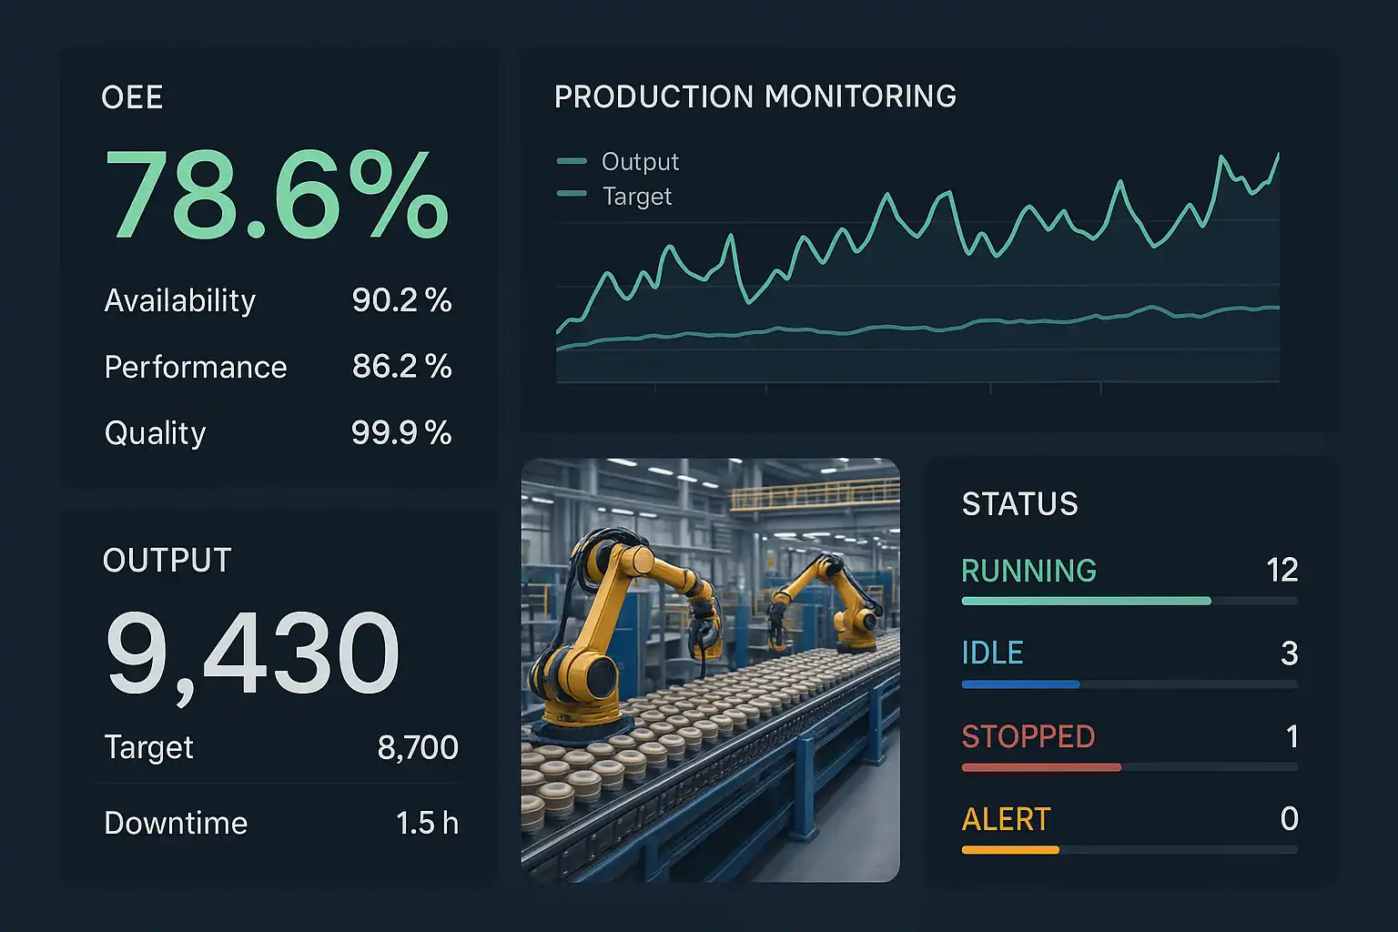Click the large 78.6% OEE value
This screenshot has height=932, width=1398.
coord(277,196)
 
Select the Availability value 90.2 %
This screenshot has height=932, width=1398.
coord(401,300)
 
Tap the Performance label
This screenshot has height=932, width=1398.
coord(196,367)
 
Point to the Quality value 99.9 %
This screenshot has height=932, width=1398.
coord(401,433)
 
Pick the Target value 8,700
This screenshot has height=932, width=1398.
coord(418,748)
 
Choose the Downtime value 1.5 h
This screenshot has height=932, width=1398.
coord(427,824)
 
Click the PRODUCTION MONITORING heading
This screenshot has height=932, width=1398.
coord(755,96)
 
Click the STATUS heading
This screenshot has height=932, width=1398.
coord(1019,504)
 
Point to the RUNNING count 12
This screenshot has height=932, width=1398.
coord(1281,571)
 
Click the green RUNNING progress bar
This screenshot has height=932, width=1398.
coord(1086,601)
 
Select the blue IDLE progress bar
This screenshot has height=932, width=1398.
coord(1020,684)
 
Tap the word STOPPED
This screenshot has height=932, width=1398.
coord(1028,736)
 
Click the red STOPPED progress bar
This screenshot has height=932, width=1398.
coord(1041,768)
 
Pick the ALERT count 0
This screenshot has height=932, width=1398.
coord(1289,819)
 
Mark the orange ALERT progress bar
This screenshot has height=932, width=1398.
coord(1010,850)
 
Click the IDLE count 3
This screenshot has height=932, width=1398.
coord(1289,653)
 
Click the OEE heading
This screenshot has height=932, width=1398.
coord(132,98)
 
